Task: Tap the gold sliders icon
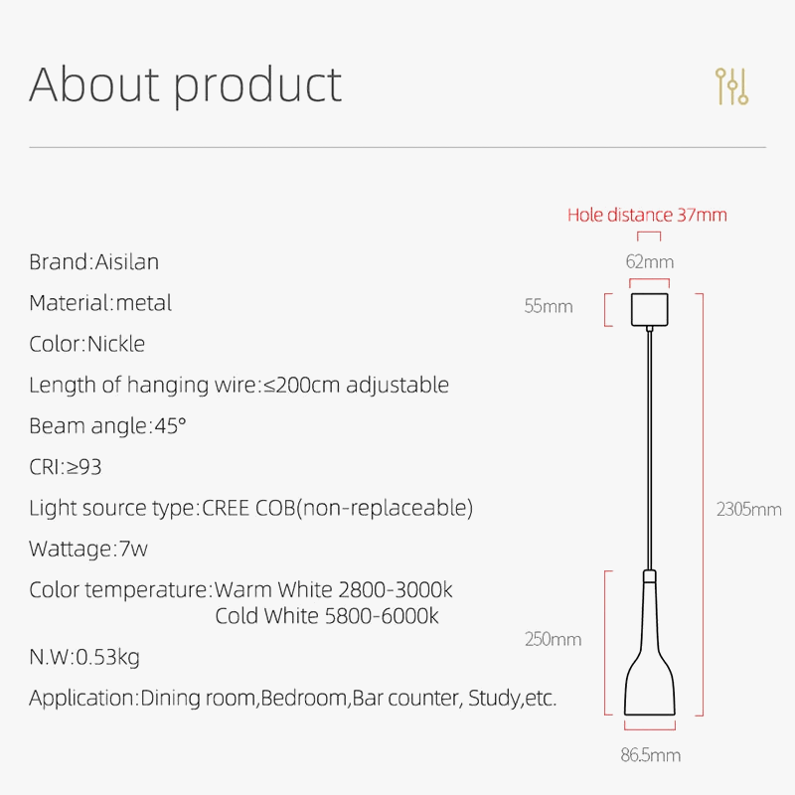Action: click(731, 86)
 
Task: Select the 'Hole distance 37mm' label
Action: click(647, 215)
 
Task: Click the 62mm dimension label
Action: click(649, 262)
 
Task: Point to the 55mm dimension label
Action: click(549, 306)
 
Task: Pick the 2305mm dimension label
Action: click(748, 510)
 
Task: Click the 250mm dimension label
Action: click(553, 639)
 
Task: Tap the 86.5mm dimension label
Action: click(651, 755)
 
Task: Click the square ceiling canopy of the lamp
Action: click(649, 307)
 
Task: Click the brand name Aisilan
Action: click(126, 262)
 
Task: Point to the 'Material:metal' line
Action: click(100, 303)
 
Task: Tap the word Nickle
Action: click(116, 344)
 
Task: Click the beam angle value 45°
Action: click(169, 426)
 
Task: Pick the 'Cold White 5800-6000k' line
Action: click(327, 616)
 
